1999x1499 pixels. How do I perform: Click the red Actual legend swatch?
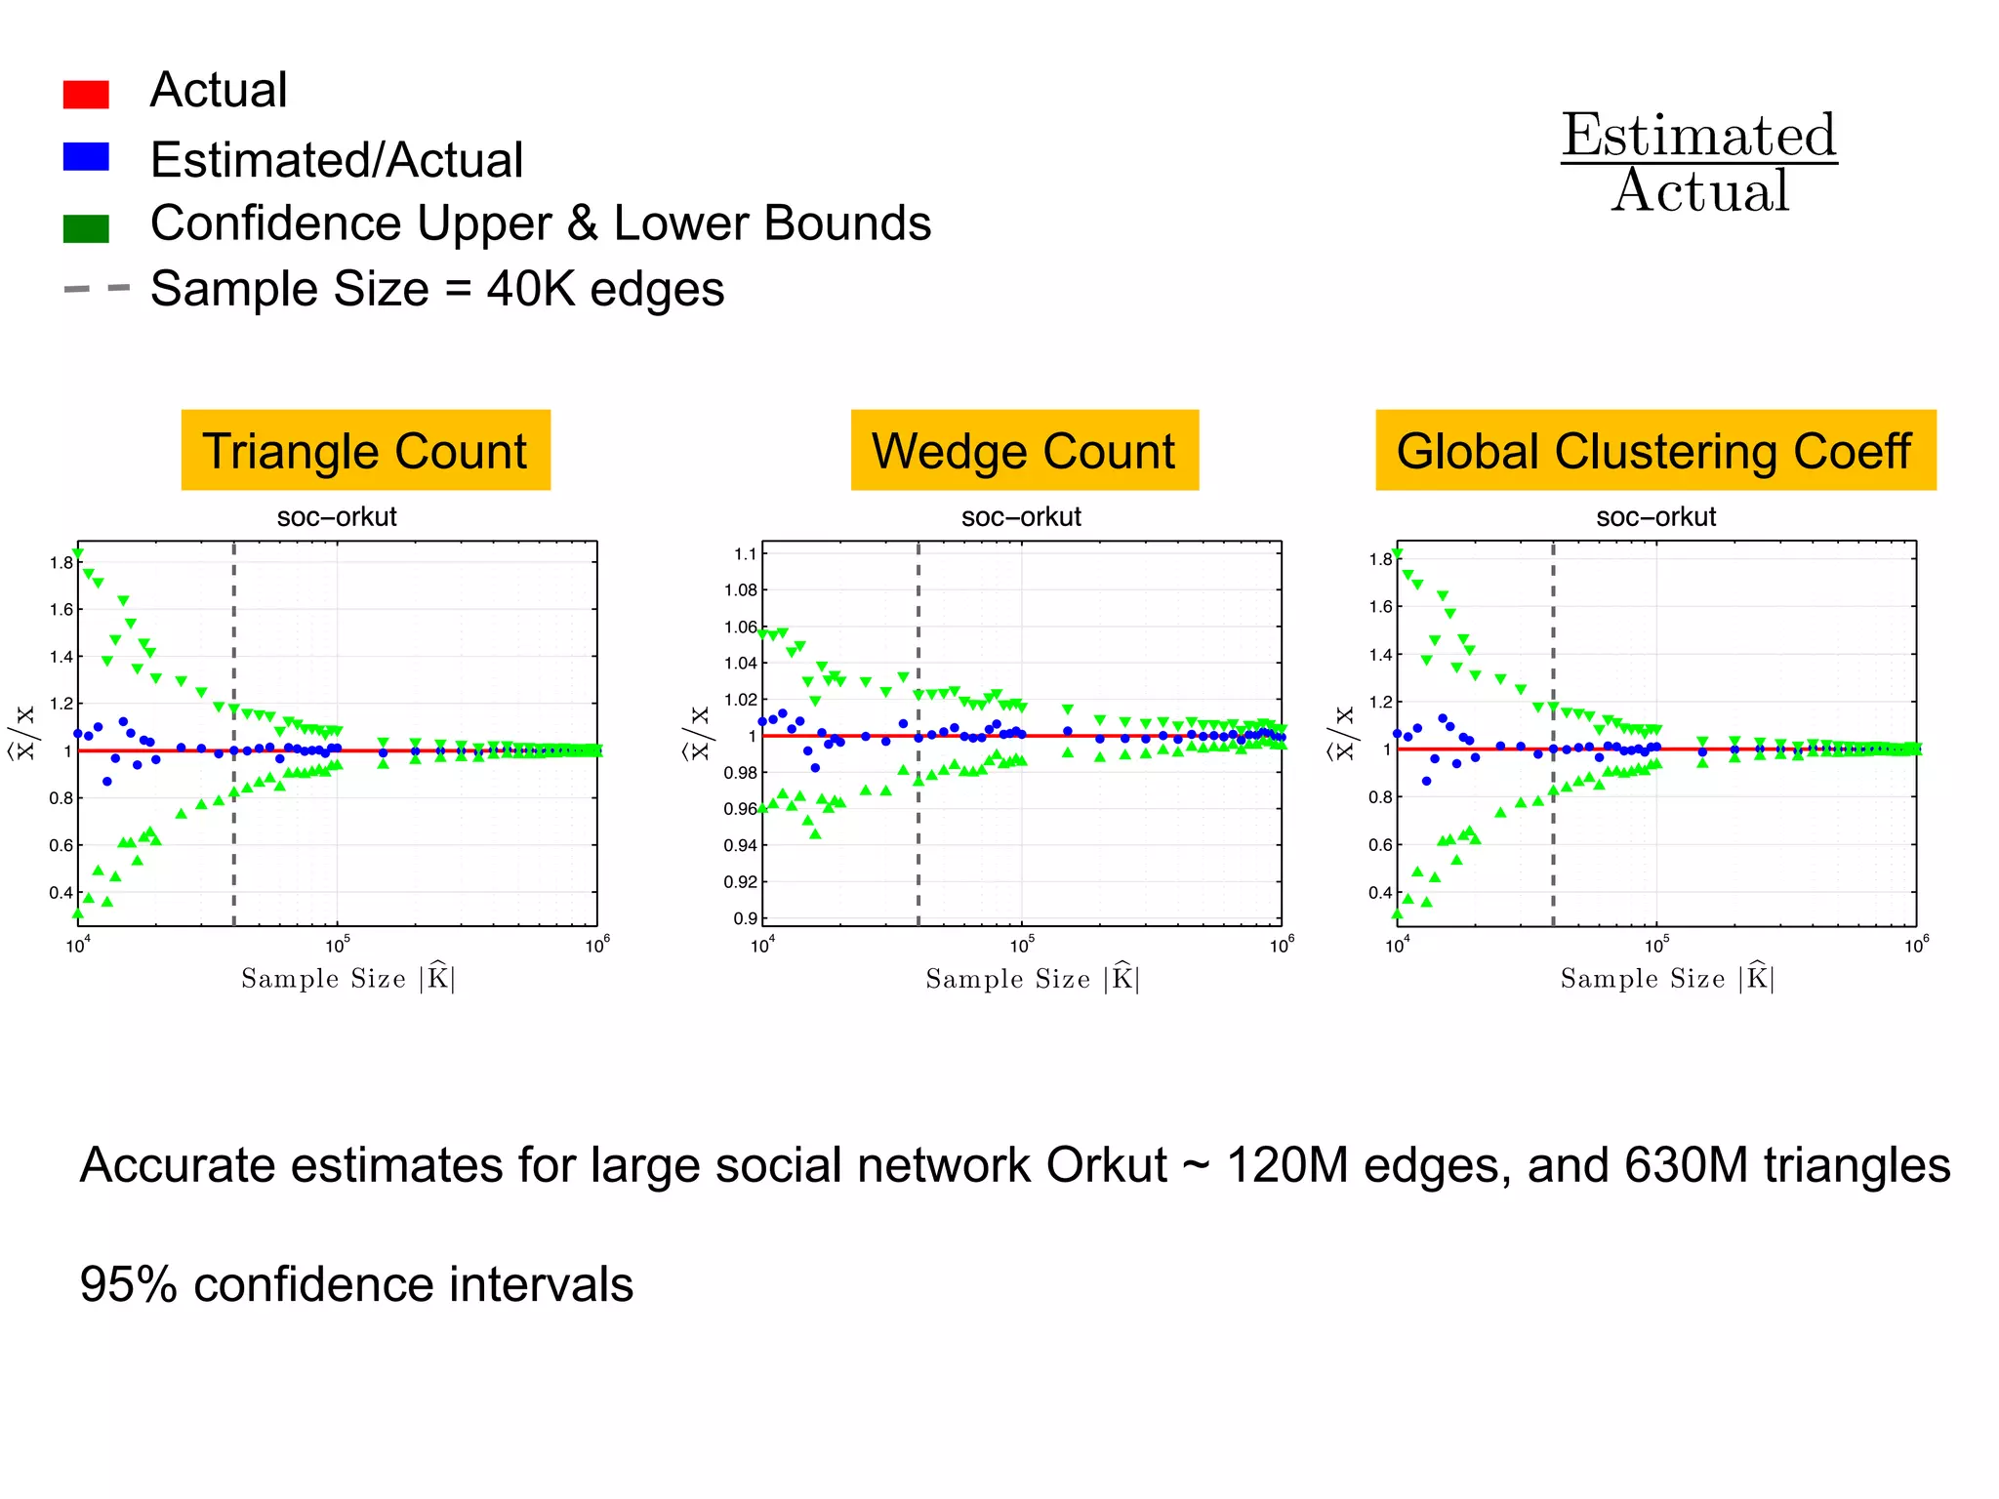(86, 94)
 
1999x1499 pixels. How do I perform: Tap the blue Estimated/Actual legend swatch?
(86, 157)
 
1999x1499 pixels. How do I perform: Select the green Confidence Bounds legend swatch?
(86, 228)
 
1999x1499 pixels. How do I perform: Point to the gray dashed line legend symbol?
(96, 289)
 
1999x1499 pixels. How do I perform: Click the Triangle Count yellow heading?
(365, 451)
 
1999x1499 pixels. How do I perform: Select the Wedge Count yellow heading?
(1024, 451)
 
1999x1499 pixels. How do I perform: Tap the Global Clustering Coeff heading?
(1654, 451)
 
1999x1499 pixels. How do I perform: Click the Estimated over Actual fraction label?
(1699, 163)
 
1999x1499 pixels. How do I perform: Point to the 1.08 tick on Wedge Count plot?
(740, 590)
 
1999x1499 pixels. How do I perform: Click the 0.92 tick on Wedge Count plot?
(740, 882)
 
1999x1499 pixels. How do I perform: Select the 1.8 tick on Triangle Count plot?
(61, 563)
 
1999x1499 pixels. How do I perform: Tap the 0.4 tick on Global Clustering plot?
(1380, 893)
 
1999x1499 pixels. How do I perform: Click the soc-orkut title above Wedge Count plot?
(1021, 517)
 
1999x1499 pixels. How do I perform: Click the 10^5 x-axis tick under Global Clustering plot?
(1656, 946)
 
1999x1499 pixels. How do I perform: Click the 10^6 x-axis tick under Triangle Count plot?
(597, 946)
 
